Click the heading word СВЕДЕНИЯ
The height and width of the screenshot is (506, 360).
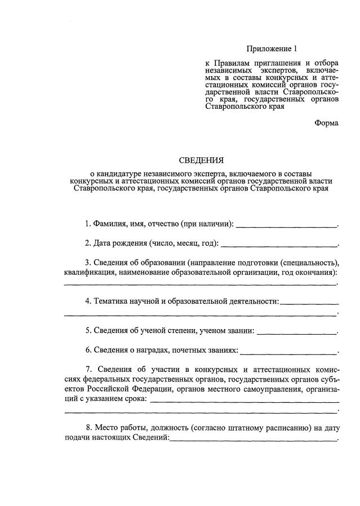tap(201, 160)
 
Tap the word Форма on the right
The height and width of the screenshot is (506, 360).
tap(327, 123)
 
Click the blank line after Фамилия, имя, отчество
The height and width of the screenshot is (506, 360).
tap(286, 225)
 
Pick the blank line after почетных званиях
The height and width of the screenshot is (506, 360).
tap(289, 351)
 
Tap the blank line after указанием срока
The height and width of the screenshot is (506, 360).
tap(245, 400)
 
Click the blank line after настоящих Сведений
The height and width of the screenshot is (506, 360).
tap(253, 439)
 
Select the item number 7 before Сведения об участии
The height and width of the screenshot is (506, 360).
tap(88, 369)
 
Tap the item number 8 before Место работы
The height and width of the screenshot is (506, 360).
tap(88, 428)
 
